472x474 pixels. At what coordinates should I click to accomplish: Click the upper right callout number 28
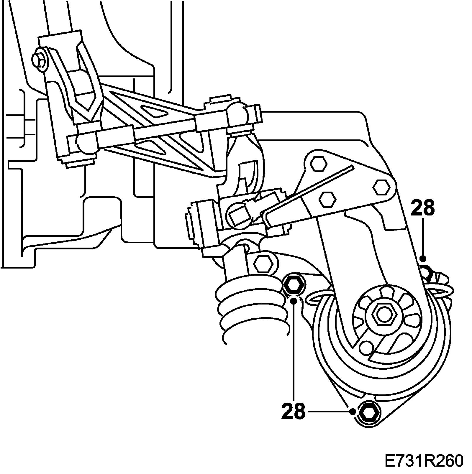[x=422, y=208]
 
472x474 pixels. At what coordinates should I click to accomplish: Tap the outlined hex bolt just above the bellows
[x=263, y=263]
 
